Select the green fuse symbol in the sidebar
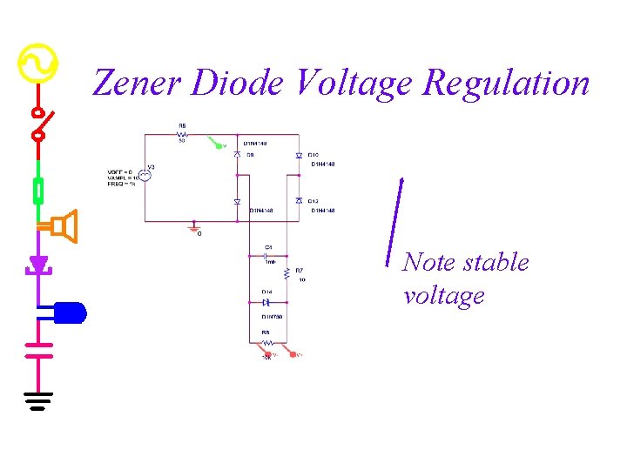coord(38,189)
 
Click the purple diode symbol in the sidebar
coord(38,263)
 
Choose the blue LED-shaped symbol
coord(71,312)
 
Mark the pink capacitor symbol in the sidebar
coord(38,349)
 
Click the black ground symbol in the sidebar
coord(38,401)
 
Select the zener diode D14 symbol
coord(266,302)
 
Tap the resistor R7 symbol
coord(288,274)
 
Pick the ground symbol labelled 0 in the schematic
coord(195,228)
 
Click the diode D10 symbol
coord(299,156)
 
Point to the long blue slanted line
coord(394,219)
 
